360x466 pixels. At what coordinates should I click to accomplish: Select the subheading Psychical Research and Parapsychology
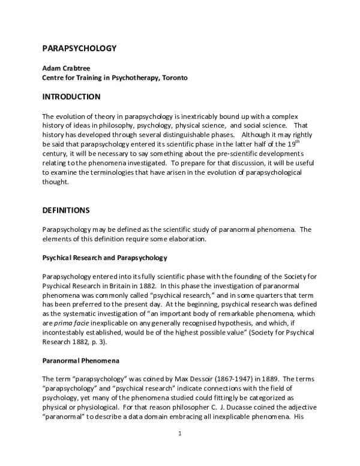[104, 258]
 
